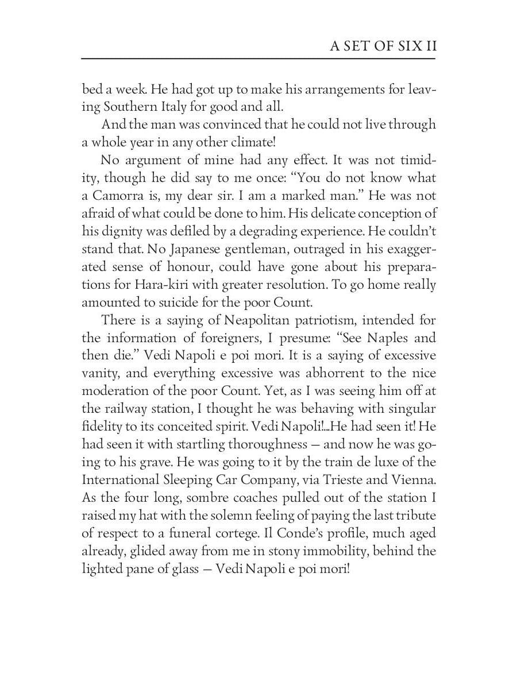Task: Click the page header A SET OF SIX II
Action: point(383,46)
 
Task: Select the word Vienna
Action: point(414,480)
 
